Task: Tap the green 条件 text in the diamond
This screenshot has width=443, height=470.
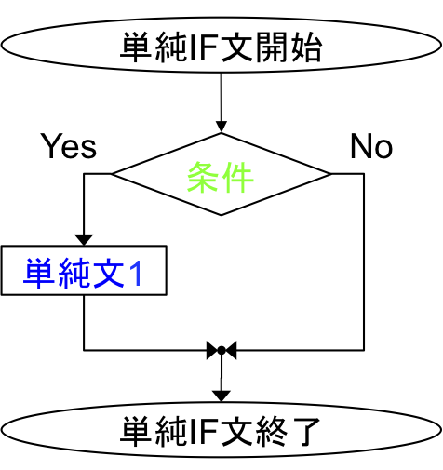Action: point(221,177)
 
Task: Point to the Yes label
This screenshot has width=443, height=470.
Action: point(69,146)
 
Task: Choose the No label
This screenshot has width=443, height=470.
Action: point(371,146)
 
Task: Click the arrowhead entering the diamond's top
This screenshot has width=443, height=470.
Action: point(221,128)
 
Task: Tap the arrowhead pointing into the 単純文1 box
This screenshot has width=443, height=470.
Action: point(84,240)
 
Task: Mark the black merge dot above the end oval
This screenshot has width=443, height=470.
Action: point(221,350)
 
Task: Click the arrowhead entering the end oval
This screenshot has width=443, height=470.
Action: point(221,396)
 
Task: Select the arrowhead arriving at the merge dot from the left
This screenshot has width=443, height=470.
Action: point(212,350)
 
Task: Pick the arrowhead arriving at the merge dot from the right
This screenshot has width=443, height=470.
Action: point(231,350)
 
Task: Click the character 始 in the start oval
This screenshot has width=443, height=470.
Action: point(305,47)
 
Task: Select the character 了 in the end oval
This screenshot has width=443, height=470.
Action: point(304,431)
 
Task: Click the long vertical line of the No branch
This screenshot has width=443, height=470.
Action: point(364,262)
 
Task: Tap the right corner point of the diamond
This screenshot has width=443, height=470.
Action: point(330,174)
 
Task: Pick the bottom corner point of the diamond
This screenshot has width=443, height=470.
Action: point(221,215)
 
